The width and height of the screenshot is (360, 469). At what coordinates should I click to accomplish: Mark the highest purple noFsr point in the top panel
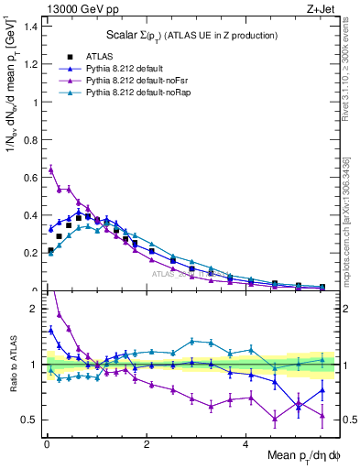coord(51,169)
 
